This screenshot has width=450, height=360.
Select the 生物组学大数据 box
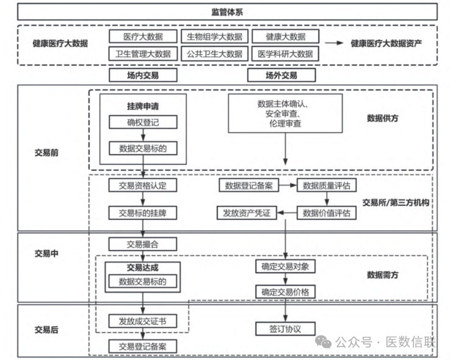click(x=214, y=37)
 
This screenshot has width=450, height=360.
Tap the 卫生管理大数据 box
click(x=143, y=54)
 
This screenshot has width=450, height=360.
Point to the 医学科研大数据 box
click(x=285, y=54)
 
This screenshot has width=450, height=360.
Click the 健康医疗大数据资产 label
click(x=386, y=44)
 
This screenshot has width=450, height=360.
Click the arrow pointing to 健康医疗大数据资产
click(x=335, y=44)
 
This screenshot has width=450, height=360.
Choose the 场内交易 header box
click(x=143, y=75)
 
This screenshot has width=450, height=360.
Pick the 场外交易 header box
click(x=281, y=75)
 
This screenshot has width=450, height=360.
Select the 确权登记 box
click(x=143, y=122)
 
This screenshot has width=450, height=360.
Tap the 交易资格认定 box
click(x=143, y=185)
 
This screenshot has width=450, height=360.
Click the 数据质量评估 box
click(x=327, y=185)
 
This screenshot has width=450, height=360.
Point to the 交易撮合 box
click(x=143, y=244)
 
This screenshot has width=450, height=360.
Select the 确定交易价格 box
click(x=285, y=292)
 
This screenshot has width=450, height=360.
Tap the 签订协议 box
click(x=285, y=329)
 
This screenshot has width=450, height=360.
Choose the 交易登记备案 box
click(x=143, y=347)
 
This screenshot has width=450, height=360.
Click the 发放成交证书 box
click(x=143, y=321)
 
